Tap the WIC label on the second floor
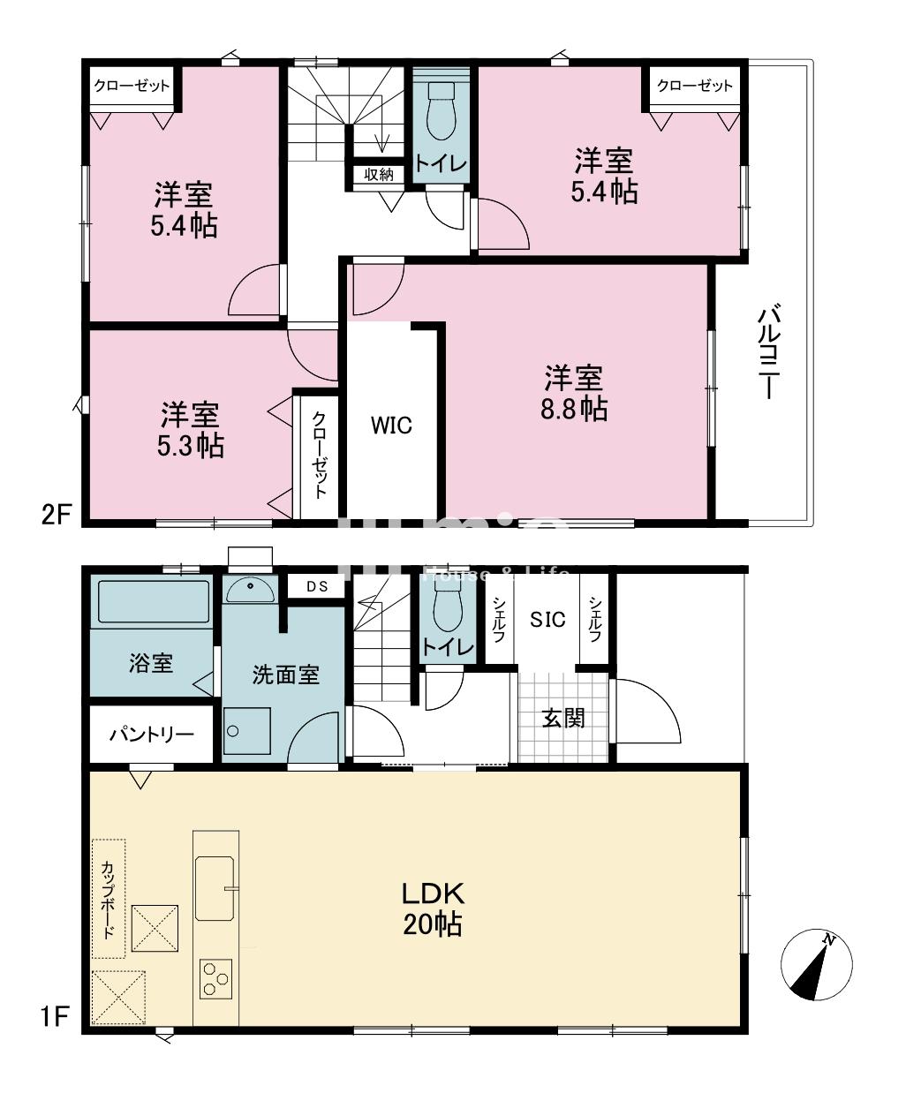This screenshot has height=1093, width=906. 390,426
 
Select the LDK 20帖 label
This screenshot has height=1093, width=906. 433,908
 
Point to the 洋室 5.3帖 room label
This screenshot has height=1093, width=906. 192,429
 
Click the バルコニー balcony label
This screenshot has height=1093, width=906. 768,352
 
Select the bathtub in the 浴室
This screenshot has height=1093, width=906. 152,601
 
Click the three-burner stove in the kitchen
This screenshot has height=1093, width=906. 215,978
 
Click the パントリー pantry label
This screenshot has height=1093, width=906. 151,735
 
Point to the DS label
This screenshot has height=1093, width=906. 315,586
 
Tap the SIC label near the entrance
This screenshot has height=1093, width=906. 547,619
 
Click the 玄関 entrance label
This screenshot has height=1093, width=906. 563,718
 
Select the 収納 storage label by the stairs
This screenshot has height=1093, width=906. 378,174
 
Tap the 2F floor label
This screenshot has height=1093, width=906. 55,514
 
